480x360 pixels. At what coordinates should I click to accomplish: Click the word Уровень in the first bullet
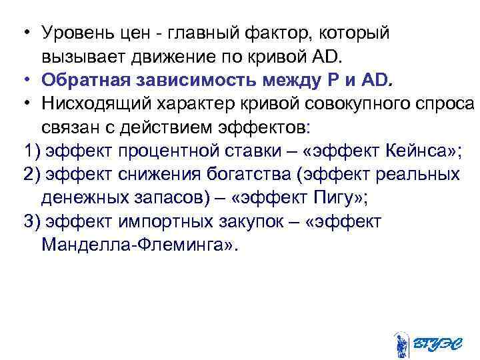73,33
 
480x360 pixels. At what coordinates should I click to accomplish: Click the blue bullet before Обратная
25,81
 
